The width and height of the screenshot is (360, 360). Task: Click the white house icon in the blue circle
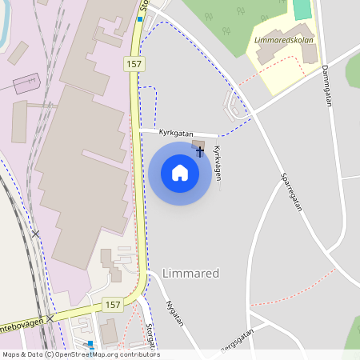click(x=180, y=173)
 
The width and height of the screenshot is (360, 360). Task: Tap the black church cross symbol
click(x=200, y=150)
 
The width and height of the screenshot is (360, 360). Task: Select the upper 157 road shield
click(x=134, y=62)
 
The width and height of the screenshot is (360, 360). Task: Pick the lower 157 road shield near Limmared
click(x=113, y=305)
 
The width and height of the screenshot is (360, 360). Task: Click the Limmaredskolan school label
click(x=282, y=40)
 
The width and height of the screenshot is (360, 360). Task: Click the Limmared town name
click(x=190, y=274)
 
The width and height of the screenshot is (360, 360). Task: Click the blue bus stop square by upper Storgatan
click(x=140, y=19)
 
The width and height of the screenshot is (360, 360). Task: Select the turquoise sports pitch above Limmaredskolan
click(x=302, y=10)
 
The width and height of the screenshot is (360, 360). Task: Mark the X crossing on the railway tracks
click(x=35, y=234)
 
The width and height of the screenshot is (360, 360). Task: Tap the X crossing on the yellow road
click(x=50, y=318)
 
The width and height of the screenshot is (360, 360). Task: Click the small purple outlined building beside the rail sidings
click(x=26, y=82)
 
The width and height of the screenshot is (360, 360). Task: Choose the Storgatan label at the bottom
click(x=150, y=336)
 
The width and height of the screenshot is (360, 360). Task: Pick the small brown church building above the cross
click(x=198, y=143)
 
